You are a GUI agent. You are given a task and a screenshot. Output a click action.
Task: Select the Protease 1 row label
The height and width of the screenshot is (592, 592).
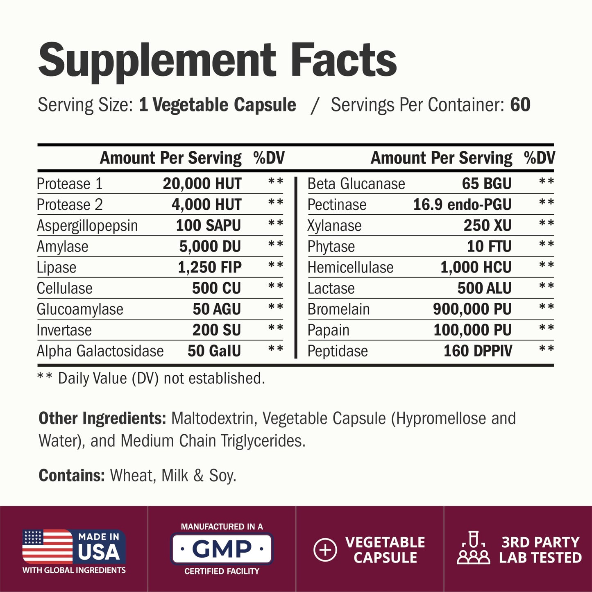pyautogui.click(x=69, y=184)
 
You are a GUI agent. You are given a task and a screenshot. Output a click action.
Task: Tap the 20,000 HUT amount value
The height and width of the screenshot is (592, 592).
pyautogui.click(x=202, y=184)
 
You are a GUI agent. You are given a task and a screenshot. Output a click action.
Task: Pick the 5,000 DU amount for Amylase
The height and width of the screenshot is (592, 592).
pyautogui.click(x=210, y=246)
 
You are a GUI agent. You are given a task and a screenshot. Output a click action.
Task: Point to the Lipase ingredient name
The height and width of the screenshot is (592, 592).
pyautogui.click(x=57, y=267)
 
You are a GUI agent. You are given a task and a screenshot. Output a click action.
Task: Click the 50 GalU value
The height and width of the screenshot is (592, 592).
pyautogui.click(x=214, y=351)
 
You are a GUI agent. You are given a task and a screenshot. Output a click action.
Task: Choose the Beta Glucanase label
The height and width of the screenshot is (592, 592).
pyautogui.click(x=356, y=184)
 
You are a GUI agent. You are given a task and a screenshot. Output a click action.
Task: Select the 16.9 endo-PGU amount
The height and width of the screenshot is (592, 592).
pyautogui.click(x=463, y=204)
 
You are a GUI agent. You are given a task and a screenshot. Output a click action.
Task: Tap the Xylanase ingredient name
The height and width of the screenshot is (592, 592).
pyautogui.click(x=335, y=225)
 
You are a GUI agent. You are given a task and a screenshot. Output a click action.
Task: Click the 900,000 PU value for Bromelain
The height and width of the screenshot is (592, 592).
pyautogui.click(x=472, y=309)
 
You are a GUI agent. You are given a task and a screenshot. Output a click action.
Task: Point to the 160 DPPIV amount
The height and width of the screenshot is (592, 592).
pyautogui.click(x=478, y=351)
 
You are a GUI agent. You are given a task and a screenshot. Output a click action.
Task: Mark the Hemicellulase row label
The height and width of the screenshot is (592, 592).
pyautogui.click(x=351, y=267)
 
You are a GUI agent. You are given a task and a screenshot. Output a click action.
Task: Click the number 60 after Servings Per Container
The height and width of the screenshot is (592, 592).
pyautogui.click(x=520, y=105)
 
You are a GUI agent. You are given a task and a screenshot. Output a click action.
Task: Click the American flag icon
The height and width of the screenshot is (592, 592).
pyautogui.click(x=48, y=547)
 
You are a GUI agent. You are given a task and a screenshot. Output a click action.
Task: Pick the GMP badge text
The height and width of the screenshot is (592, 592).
pyautogui.click(x=222, y=549)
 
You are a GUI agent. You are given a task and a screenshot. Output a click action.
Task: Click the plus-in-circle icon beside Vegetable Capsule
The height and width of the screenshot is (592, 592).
pyautogui.click(x=325, y=550)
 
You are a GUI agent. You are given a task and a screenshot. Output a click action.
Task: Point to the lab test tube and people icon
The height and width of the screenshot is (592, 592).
pyautogui.click(x=474, y=547)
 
